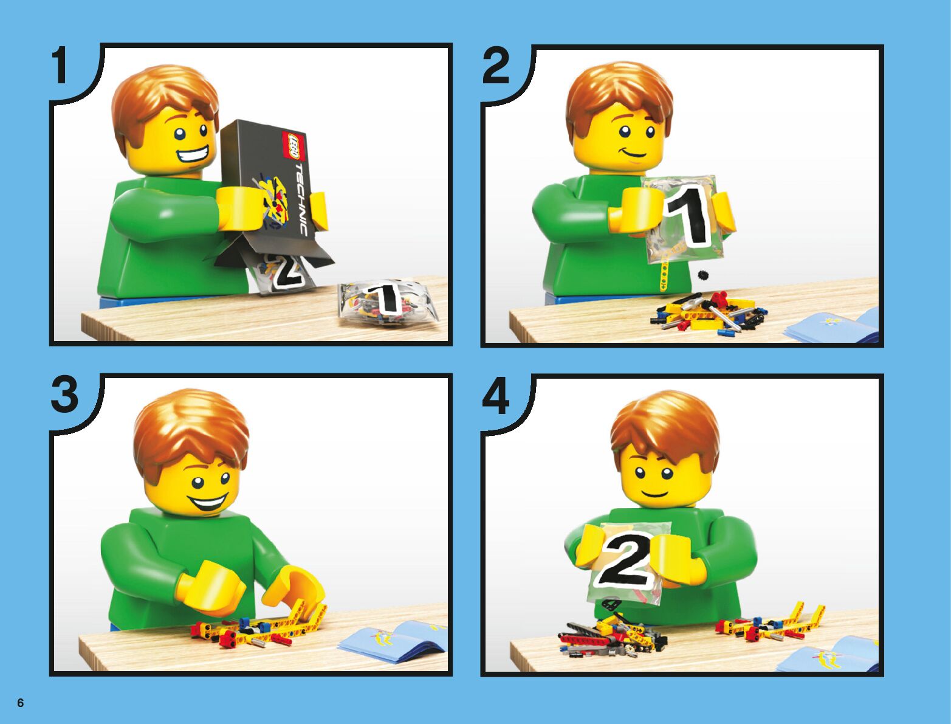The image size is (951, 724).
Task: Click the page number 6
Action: click(21, 703)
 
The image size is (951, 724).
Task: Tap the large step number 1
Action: click(60, 66)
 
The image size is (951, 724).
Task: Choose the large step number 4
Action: click(496, 396)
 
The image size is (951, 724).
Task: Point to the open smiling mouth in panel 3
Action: click(211, 503)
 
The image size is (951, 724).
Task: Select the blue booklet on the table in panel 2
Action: click(832, 325)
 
